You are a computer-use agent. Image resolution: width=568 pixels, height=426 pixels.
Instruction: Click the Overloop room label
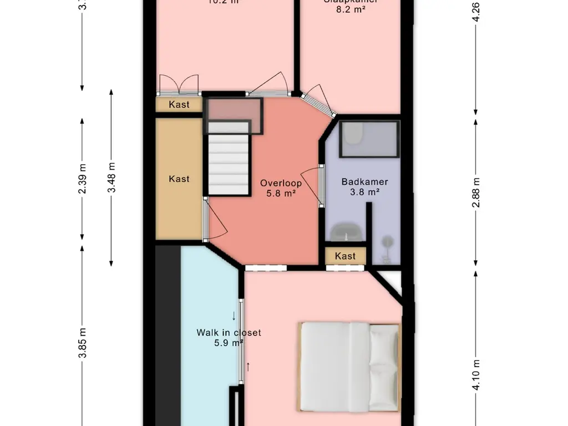pyautogui.click(x=281, y=183)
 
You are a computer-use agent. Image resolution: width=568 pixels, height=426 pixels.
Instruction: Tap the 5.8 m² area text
pyautogui.click(x=281, y=194)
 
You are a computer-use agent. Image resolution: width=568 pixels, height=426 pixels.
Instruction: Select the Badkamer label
pyautogui.click(x=364, y=181)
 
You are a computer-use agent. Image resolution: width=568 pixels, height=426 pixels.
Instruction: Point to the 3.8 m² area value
pyautogui.click(x=364, y=192)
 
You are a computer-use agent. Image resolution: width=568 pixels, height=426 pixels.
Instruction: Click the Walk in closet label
pyautogui.click(x=229, y=333)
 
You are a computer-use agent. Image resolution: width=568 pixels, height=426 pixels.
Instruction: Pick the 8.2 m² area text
pyautogui.click(x=351, y=9)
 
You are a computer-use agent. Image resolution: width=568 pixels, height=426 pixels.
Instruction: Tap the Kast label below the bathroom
pyautogui.click(x=346, y=256)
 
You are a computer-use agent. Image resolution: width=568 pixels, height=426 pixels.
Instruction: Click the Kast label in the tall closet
pyautogui.click(x=179, y=179)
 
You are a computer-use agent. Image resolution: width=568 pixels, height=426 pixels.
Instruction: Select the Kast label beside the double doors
pyautogui.click(x=179, y=104)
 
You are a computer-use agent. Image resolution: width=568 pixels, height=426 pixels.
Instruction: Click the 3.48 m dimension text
pyautogui.click(x=112, y=177)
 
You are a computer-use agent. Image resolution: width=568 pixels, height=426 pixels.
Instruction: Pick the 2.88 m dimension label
pyautogui.click(x=475, y=192)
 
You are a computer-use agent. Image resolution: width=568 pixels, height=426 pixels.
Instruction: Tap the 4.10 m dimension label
pyautogui.click(x=475, y=374)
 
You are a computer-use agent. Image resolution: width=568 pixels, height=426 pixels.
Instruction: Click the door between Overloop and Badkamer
pyautogui.click(x=321, y=186)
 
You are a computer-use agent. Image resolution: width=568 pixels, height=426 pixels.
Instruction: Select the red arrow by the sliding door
pyautogui.click(x=248, y=367)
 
